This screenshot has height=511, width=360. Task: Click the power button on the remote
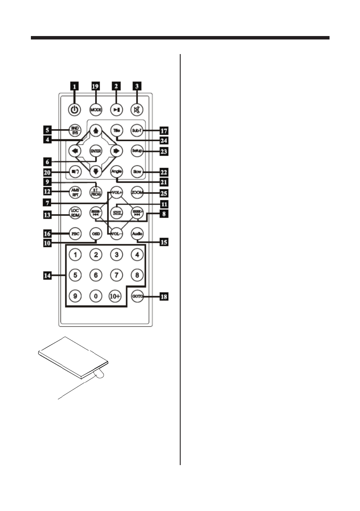[x=75, y=109]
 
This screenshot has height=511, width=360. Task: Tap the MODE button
[x=95, y=109]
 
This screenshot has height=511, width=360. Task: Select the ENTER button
[x=95, y=151]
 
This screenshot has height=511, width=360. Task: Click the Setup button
[x=137, y=151]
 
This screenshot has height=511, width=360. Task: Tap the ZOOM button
[x=137, y=192]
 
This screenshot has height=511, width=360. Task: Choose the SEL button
[x=116, y=213]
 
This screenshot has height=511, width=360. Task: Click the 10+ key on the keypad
[x=116, y=296]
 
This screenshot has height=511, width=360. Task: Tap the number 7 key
[x=116, y=275]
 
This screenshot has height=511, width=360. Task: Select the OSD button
[x=95, y=234]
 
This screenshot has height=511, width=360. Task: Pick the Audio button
[x=137, y=234]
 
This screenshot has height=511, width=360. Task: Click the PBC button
[x=75, y=234]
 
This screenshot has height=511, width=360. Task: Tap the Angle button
[x=116, y=172]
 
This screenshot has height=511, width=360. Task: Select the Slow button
[x=137, y=172]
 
